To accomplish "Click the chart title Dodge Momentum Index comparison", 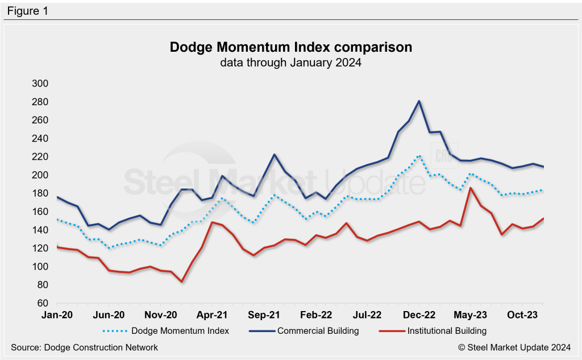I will click(x=291, y=47).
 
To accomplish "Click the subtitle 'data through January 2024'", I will click(x=291, y=63).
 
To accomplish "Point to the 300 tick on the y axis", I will click(x=40, y=84).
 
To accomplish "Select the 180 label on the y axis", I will click(x=40, y=193).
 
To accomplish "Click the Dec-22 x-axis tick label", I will click(x=419, y=314).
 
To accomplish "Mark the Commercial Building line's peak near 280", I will click(x=419, y=101).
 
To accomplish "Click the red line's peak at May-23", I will click(x=471, y=188).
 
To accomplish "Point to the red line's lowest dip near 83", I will click(x=181, y=282).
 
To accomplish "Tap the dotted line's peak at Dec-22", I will click(x=419, y=155).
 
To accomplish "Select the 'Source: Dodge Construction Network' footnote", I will click(x=84, y=347).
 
